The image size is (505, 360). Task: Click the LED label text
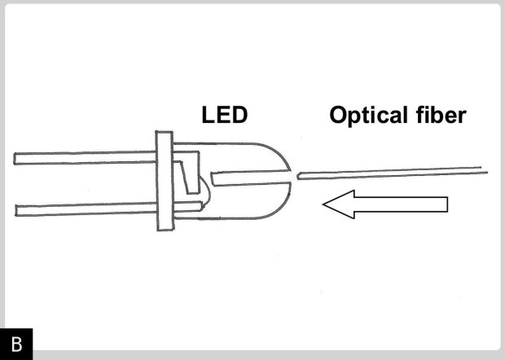point(224,116)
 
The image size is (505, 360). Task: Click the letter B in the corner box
point(16,344)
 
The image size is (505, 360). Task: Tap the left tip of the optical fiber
point(301,176)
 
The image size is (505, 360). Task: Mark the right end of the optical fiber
point(486,170)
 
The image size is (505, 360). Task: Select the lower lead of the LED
point(81,209)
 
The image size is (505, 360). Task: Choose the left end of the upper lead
point(16,158)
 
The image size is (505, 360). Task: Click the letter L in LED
point(208,116)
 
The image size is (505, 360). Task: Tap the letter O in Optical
point(338,116)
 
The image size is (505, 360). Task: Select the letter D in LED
point(239,116)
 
